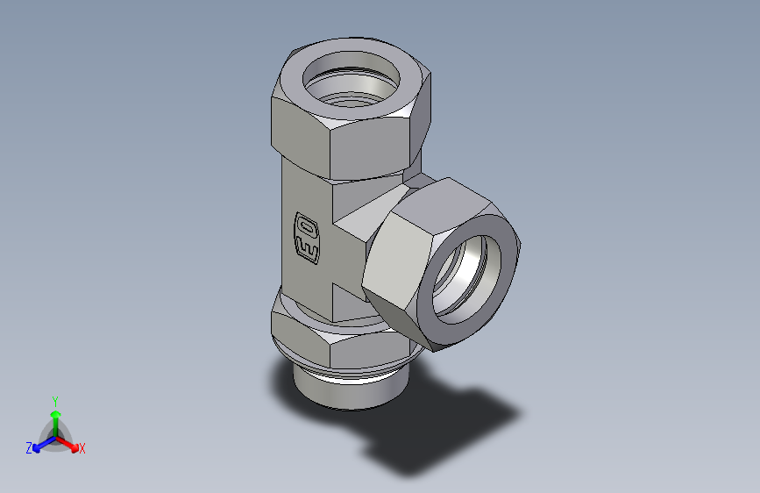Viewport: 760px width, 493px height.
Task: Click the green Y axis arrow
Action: pyautogui.click(x=55, y=414)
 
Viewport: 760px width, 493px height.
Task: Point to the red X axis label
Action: pyautogui.click(x=82, y=449)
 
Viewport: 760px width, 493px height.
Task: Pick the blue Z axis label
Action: pyautogui.click(x=29, y=448)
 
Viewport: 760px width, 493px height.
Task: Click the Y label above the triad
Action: pyautogui.click(x=54, y=399)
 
